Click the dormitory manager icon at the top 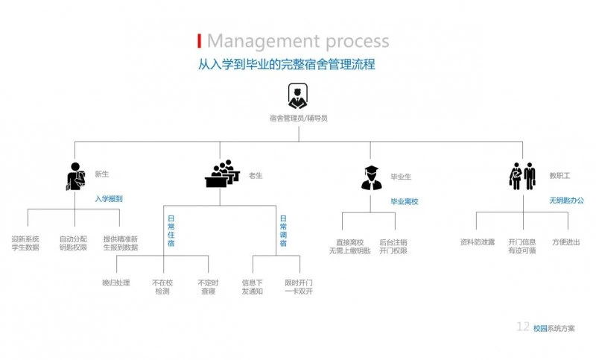[x=297, y=96]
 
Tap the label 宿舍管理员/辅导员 [x=298, y=118]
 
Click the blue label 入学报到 [x=109, y=199]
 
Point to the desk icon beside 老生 [x=222, y=174]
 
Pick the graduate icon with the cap [x=371, y=177]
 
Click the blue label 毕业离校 [x=405, y=201]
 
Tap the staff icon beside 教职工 [x=522, y=177]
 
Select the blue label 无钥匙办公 [x=567, y=200]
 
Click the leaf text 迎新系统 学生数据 [x=25, y=244]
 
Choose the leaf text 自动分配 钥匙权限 [x=73, y=244]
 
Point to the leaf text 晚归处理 [x=115, y=283]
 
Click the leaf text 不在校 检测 [x=162, y=287]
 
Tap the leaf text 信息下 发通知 [x=253, y=287]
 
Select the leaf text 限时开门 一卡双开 [x=299, y=287]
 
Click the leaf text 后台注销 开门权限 [x=393, y=246]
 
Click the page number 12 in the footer [x=523, y=327]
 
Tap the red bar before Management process [x=199, y=40]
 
